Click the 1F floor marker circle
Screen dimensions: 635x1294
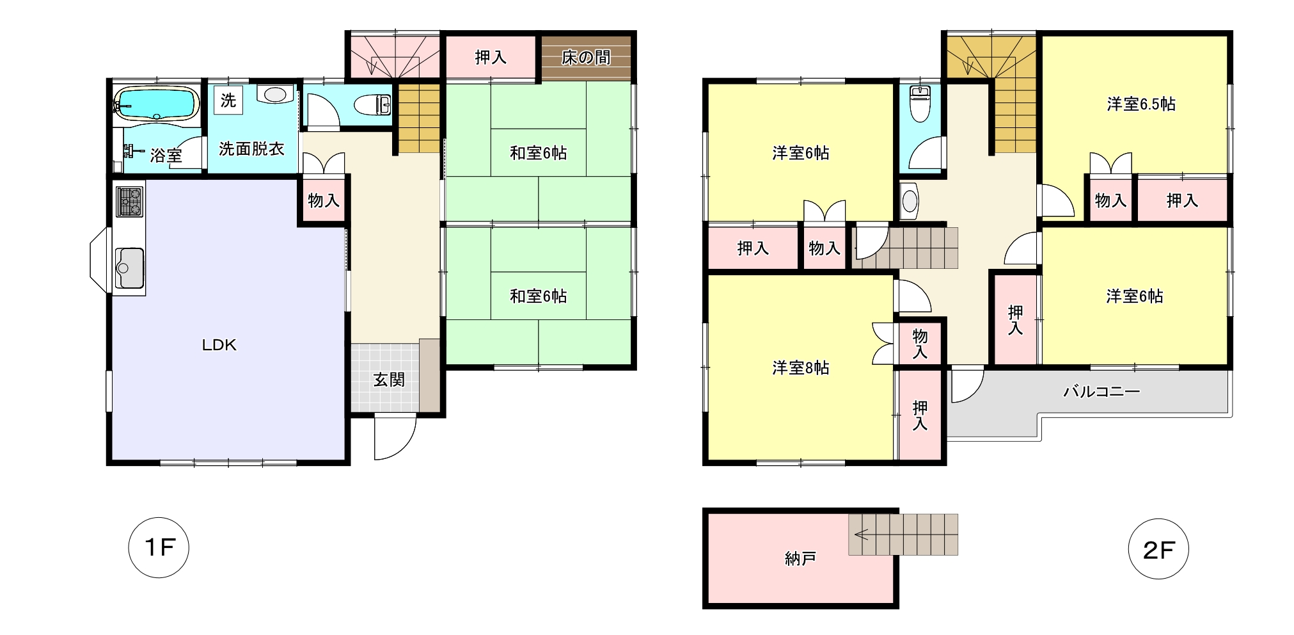(159, 548)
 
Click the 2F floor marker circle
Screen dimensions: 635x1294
(1158, 549)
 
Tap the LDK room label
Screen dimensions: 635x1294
(219, 345)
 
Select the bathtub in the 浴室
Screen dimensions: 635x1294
(157, 102)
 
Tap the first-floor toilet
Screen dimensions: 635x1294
(372, 105)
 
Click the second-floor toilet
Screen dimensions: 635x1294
(919, 105)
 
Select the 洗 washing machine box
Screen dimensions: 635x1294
(228, 100)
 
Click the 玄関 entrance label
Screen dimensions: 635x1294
(389, 380)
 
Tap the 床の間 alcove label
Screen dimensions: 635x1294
(586, 58)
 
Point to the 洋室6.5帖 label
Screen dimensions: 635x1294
(1141, 104)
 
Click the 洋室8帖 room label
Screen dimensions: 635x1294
(800, 368)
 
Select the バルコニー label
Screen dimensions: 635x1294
(1101, 391)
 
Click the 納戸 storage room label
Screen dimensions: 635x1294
(800, 559)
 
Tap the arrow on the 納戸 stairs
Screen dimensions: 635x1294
(861, 534)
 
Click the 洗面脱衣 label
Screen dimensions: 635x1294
(251, 149)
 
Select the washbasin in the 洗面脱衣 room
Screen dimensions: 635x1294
(275, 94)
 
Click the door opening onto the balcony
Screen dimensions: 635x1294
(966, 385)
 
